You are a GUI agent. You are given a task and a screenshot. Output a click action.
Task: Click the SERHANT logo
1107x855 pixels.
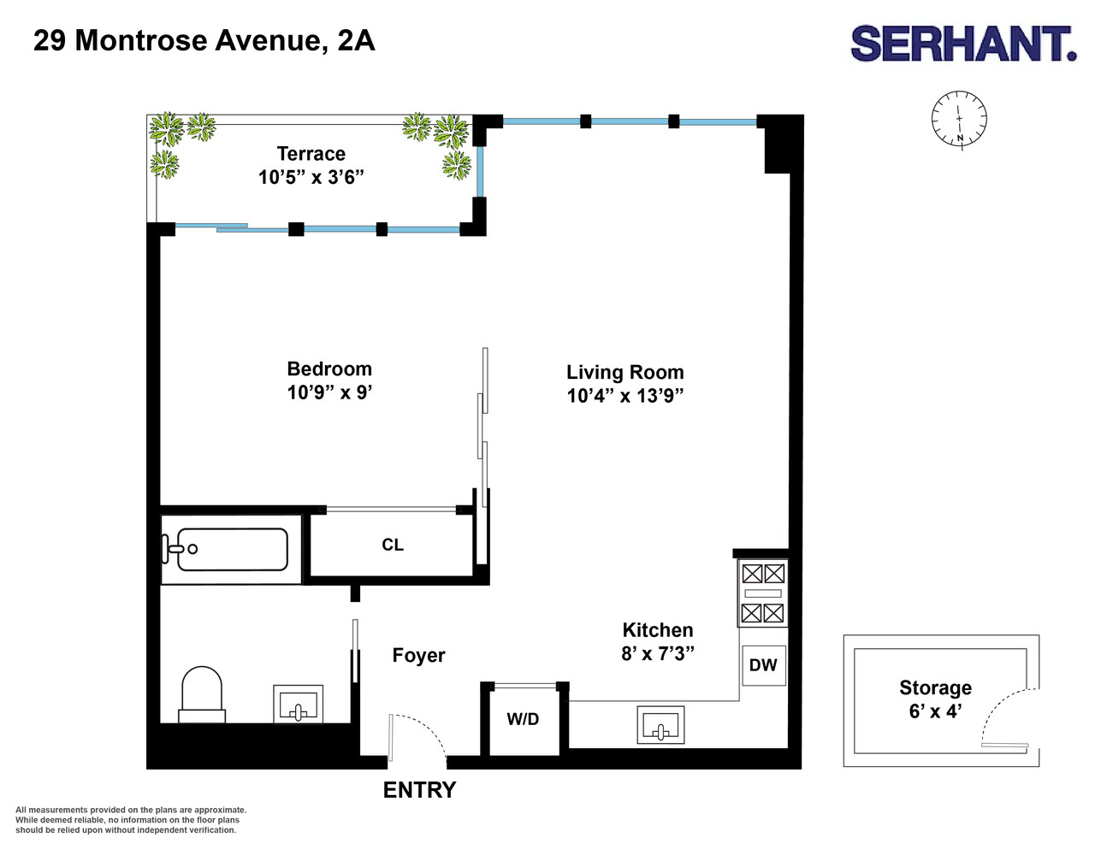962,44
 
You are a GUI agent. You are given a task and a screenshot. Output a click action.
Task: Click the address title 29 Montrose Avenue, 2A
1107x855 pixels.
204,40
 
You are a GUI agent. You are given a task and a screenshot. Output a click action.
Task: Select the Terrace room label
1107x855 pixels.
311,154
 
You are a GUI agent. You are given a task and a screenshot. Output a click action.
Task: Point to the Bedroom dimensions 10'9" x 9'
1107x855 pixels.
329,392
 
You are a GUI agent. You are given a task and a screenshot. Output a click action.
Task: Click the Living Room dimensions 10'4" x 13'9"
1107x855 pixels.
625,396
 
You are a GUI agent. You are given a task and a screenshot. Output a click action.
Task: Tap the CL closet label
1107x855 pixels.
393,545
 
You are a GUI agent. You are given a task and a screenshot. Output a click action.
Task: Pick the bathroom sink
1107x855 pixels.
298,705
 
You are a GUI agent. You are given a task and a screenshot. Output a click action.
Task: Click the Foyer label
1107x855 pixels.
418,656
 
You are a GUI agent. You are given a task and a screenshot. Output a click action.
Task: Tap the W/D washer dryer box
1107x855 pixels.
523,720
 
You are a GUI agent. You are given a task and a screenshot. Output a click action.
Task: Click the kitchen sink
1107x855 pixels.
660,725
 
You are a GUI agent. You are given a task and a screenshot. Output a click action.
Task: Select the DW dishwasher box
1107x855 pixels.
763,665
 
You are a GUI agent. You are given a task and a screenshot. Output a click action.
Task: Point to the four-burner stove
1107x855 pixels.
763,593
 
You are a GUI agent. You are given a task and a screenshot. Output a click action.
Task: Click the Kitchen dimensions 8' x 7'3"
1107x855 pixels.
657,653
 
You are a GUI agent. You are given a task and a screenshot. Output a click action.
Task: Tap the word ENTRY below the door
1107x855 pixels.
419,790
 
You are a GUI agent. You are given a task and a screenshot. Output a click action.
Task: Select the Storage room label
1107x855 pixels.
935,688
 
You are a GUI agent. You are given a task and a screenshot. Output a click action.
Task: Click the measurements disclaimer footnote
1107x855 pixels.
130,820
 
